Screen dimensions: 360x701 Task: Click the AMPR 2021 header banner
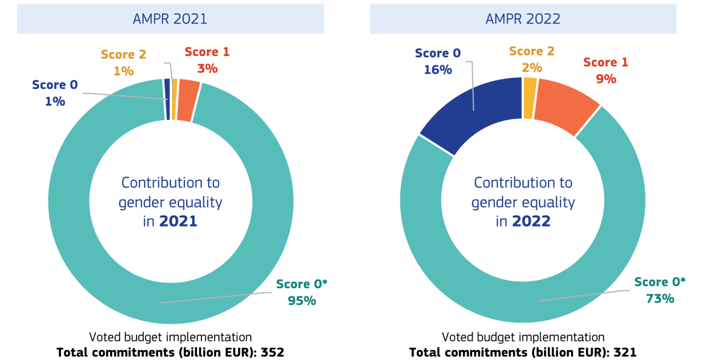[x=170, y=19]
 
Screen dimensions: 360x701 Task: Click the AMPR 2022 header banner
[x=523, y=19]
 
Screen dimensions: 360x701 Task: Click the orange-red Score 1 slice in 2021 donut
[x=188, y=100]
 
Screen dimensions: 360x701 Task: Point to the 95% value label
[x=302, y=300]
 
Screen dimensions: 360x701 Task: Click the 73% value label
[x=660, y=298]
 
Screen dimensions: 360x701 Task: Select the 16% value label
[x=438, y=69]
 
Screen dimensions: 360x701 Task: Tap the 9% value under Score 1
[x=605, y=79]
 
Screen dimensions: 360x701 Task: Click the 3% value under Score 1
[x=207, y=68]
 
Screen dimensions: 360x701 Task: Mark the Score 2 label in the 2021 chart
[x=124, y=54]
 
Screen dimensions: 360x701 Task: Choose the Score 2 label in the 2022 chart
[x=532, y=51]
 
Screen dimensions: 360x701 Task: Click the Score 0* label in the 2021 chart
[x=302, y=284]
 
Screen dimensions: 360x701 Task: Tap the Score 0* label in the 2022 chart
[x=660, y=282]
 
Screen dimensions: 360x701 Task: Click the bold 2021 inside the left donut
[x=178, y=222]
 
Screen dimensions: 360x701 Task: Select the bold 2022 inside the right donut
[x=531, y=222]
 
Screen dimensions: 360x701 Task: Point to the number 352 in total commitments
[x=273, y=353]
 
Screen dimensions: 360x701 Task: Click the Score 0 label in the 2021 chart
[x=55, y=85]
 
